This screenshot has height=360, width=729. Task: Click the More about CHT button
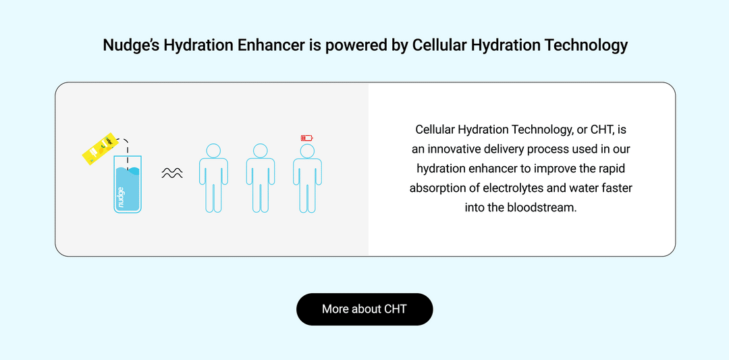[364, 309]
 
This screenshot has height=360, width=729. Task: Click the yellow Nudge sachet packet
[96, 149]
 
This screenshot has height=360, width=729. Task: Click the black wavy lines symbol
[172, 174]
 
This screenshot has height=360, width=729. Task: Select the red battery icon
[307, 138]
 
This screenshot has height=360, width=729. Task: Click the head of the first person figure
[213, 151]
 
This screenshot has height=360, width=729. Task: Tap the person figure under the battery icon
[307, 182]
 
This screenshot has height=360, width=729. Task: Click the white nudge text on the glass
[121, 199]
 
